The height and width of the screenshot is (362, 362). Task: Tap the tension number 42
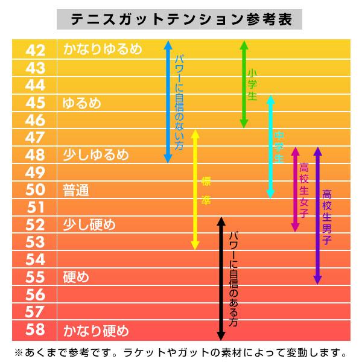pyautogui.click(x=35, y=50)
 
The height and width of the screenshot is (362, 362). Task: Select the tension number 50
pyautogui.click(x=35, y=190)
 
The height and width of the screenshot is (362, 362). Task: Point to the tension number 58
pyautogui.click(x=35, y=330)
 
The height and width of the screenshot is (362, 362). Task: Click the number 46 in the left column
pyautogui.click(x=35, y=120)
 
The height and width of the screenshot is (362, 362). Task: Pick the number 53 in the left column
pyautogui.click(x=35, y=243)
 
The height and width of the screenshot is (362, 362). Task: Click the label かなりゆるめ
pyautogui.click(x=102, y=49)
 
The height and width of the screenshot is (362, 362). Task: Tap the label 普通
pyautogui.click(x=76, y=190)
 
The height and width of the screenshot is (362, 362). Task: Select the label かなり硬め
pyautogui.click(x=95, y=330)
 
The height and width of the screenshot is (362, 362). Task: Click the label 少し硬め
pyautogui.click(x=89, y=225)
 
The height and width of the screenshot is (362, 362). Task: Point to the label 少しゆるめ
pyautogui.click(x=95, y=155)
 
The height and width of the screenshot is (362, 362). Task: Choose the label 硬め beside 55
pyautogui.click(x=76, y=278)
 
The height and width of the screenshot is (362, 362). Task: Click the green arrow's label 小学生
pyautogui.click(x=252, y=84)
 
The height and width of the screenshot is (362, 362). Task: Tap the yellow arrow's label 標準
pyautogui.click(x=206, y=190)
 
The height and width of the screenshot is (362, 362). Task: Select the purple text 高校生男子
pyautogui.click(x=326, y=217)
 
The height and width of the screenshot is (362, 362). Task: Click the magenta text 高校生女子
pyautogui.click(x=304, y=190)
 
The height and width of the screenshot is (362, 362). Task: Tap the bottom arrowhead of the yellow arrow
pyautogui.click(x=195, y=246)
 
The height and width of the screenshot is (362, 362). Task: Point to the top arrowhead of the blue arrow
pyautogui.click(x=168, y=44)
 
